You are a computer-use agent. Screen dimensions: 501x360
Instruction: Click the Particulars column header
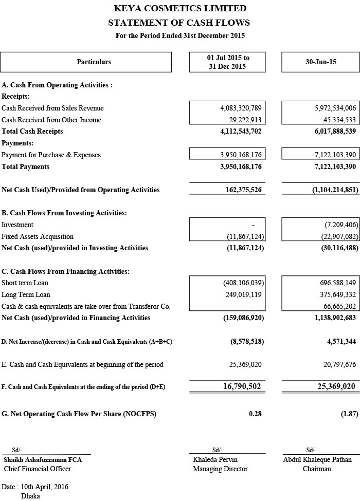(94, 62)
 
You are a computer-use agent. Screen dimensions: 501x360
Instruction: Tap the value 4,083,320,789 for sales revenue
(241, 108)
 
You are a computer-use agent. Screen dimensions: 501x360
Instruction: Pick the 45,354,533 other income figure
(335, 120)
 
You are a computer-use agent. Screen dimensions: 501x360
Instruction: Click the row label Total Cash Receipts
(32, 132)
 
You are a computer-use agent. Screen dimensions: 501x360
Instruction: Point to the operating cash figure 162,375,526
(243, 190)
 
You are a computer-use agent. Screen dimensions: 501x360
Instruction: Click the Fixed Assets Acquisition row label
(38, 237)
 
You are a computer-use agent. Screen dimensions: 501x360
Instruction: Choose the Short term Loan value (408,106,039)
(243, 283)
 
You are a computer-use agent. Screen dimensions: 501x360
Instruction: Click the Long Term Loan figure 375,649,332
(335, 295)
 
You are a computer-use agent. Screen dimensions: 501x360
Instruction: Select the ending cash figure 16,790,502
(242, 386)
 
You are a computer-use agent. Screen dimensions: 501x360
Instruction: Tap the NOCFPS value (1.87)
(349, 414)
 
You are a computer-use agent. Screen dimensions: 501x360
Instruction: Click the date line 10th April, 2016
(35, 487)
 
